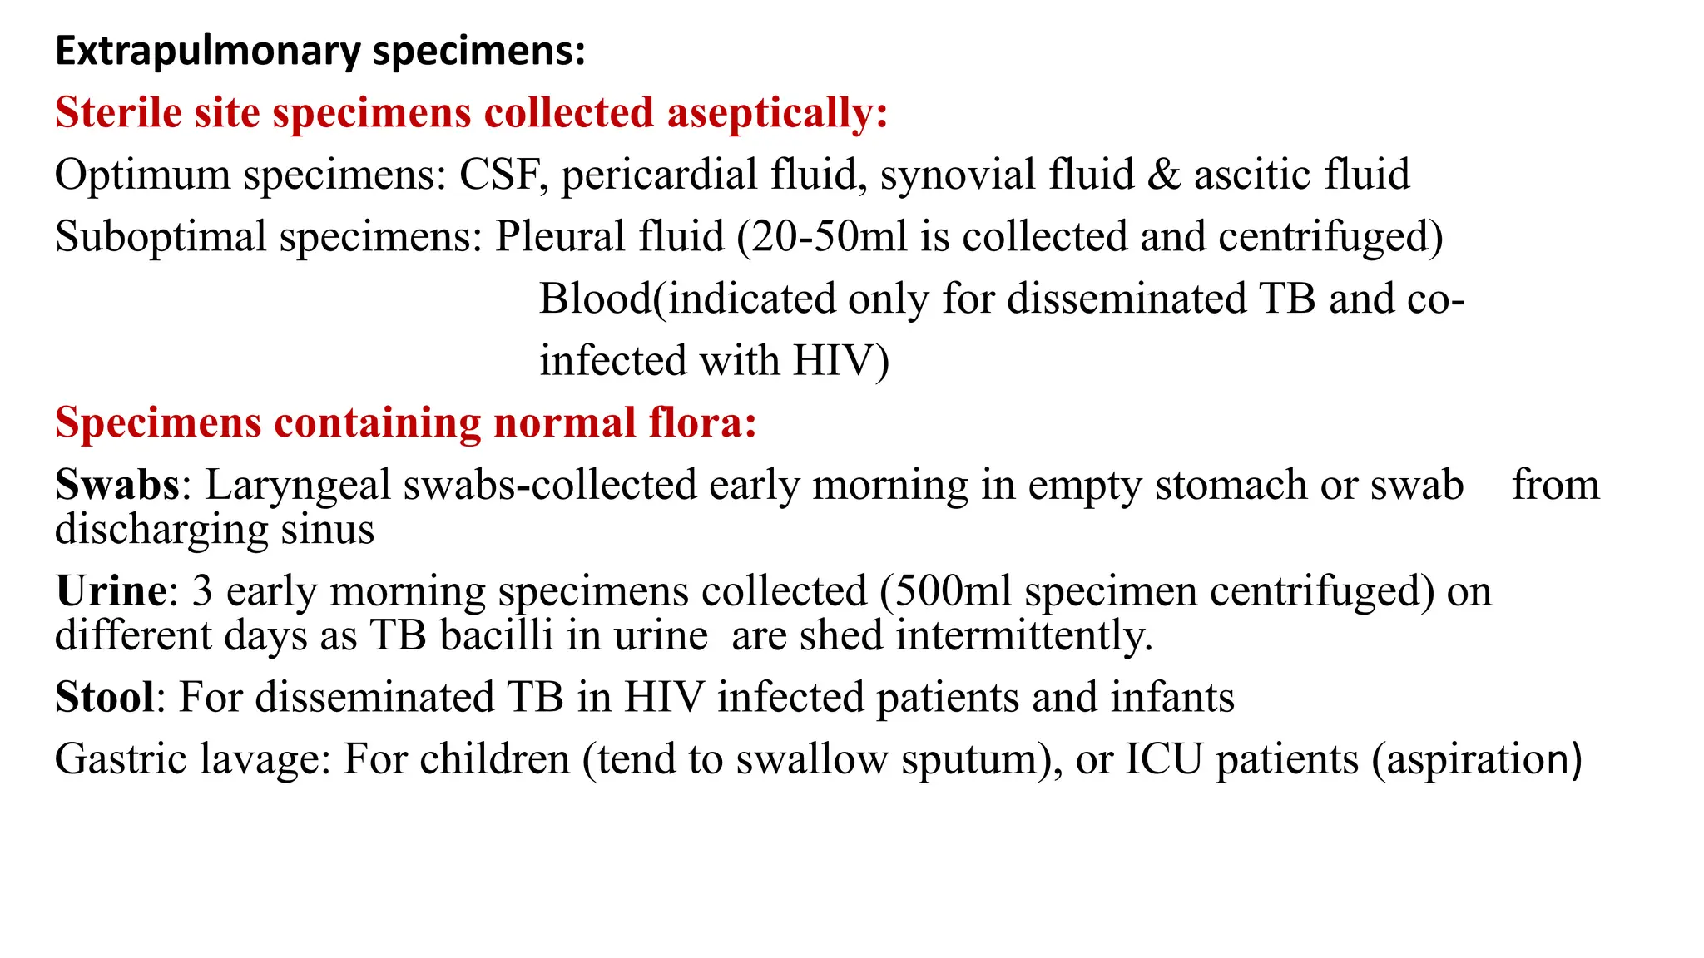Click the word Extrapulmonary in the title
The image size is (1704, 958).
point(208,52)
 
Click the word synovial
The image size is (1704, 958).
point(958,175)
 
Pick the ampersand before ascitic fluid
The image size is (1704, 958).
point(1164,175)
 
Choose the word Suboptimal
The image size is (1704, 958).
point(161,237)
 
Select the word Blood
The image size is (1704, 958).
point(595,299)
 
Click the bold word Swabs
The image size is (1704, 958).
point(117,485)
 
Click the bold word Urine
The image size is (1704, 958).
point(111,591)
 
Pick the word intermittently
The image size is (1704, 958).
point(1024,636)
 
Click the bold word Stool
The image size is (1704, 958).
point(105,697)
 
